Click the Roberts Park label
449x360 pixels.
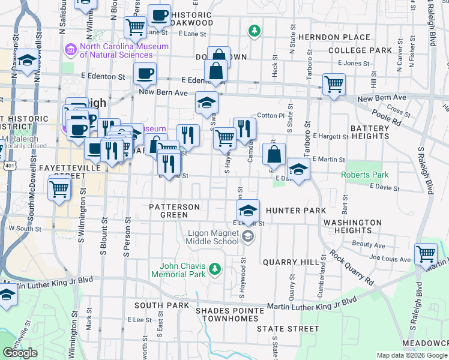[365, 175]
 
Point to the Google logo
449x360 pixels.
[20, 353]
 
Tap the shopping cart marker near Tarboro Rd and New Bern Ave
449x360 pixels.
[334, 84]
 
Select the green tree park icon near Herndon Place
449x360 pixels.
[255, 30]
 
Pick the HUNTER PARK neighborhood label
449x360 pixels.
[295, 211]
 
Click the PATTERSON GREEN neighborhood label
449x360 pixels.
[174, 211]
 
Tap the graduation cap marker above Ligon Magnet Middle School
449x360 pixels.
[248, 211]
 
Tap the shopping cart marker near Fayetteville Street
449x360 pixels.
[59, 190]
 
